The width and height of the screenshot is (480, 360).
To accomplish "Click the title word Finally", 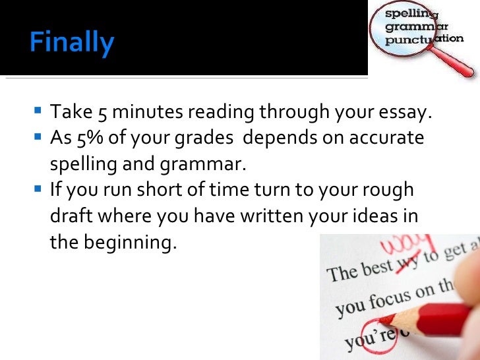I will click(x=72, y=44).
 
